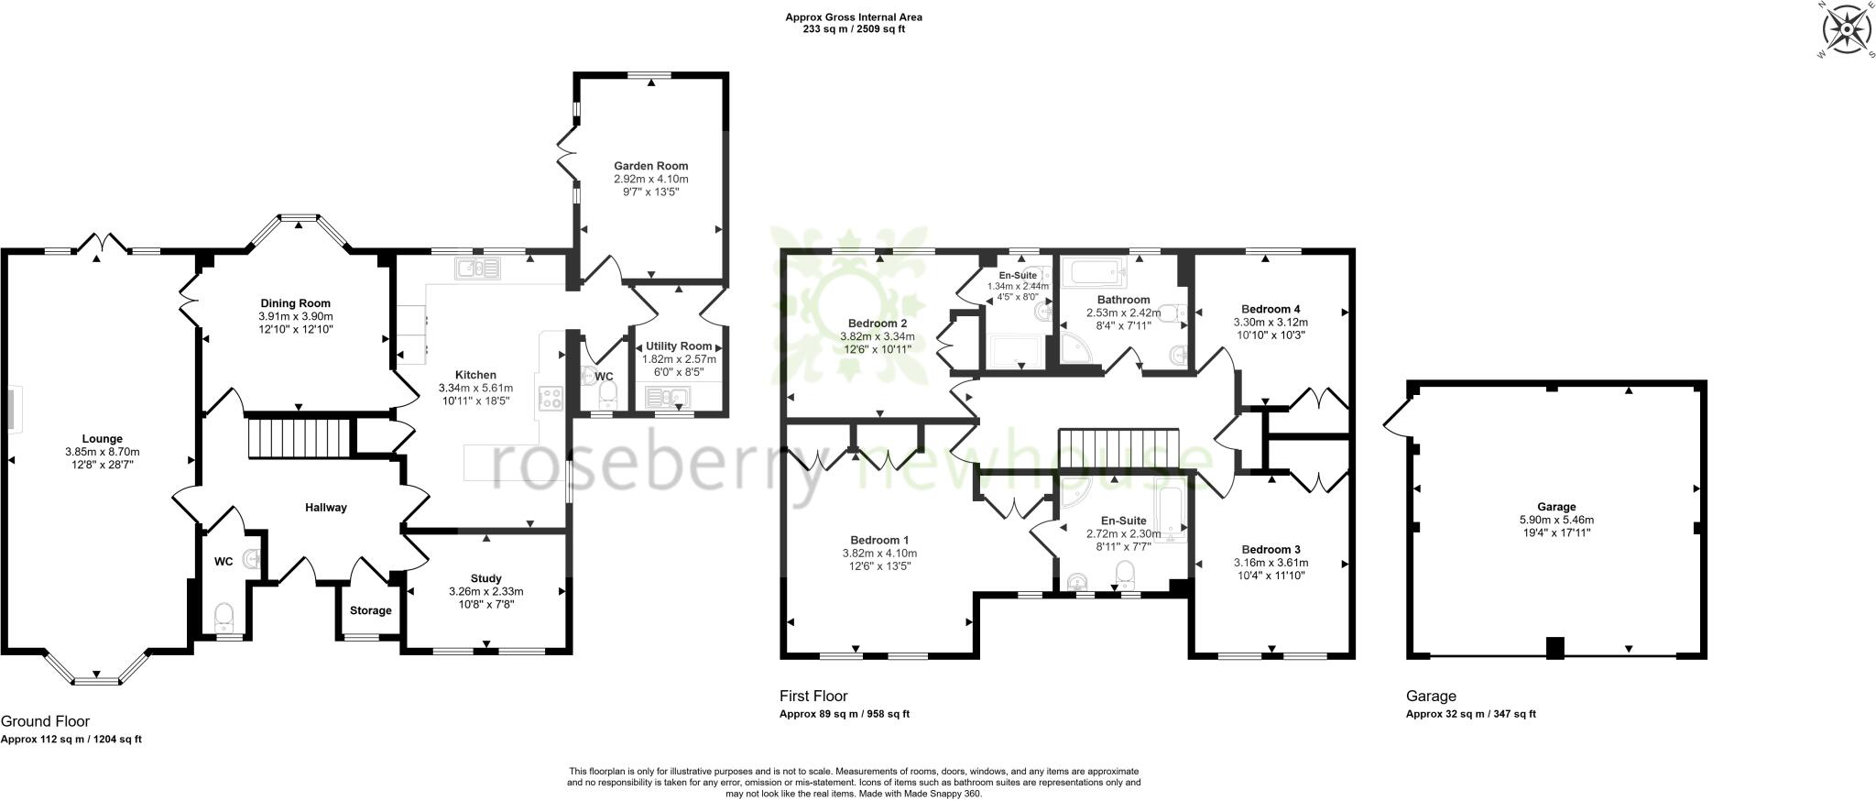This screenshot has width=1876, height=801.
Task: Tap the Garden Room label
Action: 650,166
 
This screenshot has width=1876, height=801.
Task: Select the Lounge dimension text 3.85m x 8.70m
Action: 102,452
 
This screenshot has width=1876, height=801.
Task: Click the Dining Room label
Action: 295,303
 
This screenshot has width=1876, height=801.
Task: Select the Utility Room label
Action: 678,346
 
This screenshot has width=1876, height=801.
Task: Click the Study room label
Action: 485,578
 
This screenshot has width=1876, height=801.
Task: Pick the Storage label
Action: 370,610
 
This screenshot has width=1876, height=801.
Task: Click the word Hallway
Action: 326,507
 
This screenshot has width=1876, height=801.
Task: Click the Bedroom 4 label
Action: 1271,309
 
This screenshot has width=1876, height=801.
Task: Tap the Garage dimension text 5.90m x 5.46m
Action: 1556,519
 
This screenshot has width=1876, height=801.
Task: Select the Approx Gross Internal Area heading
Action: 854,16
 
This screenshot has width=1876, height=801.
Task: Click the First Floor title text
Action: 813,696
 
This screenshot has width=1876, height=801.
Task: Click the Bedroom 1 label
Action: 879,540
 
